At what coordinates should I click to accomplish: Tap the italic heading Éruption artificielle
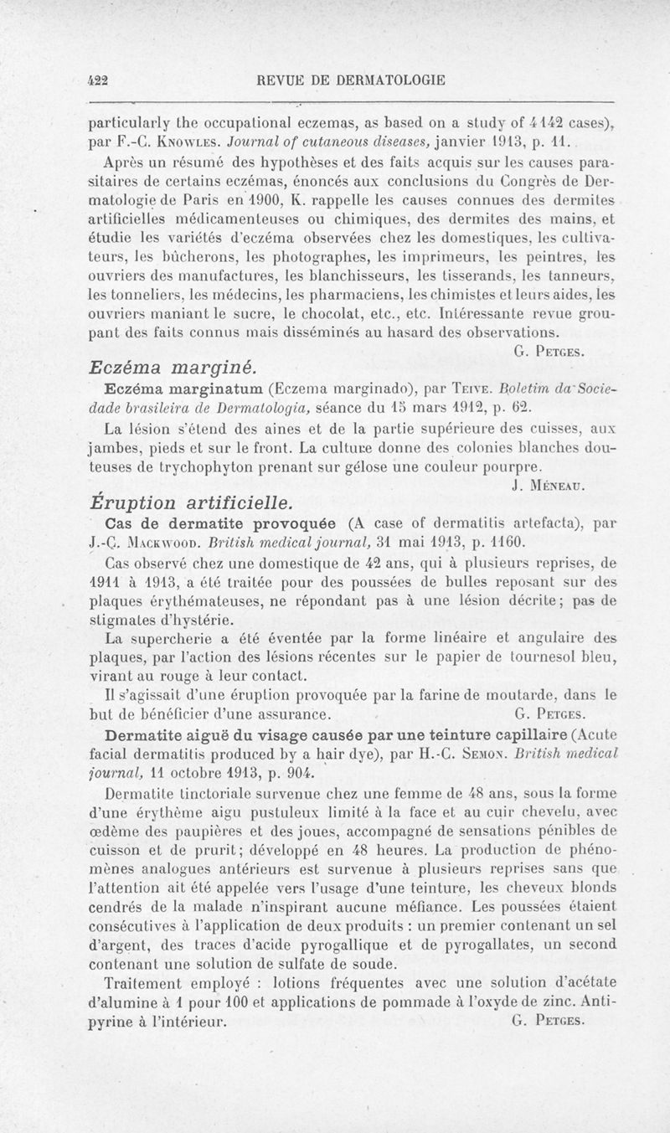click(x=191, y=502)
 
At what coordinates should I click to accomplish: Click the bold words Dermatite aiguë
click(x=159, y=734)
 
